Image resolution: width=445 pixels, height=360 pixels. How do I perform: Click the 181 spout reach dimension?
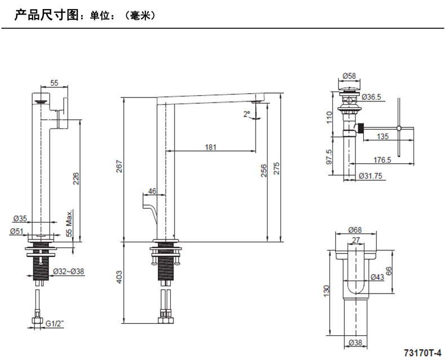(210, 148)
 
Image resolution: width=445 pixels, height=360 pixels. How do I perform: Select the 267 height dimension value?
(118, 167)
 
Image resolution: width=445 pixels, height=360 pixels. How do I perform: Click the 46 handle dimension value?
(152, 191)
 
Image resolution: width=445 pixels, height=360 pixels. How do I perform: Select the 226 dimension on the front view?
(76, 178)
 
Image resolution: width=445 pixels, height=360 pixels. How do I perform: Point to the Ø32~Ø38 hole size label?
(69, 272)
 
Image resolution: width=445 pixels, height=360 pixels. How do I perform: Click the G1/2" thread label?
(55, 323)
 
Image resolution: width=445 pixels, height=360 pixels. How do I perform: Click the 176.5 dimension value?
(381, 160)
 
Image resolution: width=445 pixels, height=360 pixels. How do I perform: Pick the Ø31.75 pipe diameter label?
(371, 176)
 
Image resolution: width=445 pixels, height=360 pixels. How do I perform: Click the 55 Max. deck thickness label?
(69, 223)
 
